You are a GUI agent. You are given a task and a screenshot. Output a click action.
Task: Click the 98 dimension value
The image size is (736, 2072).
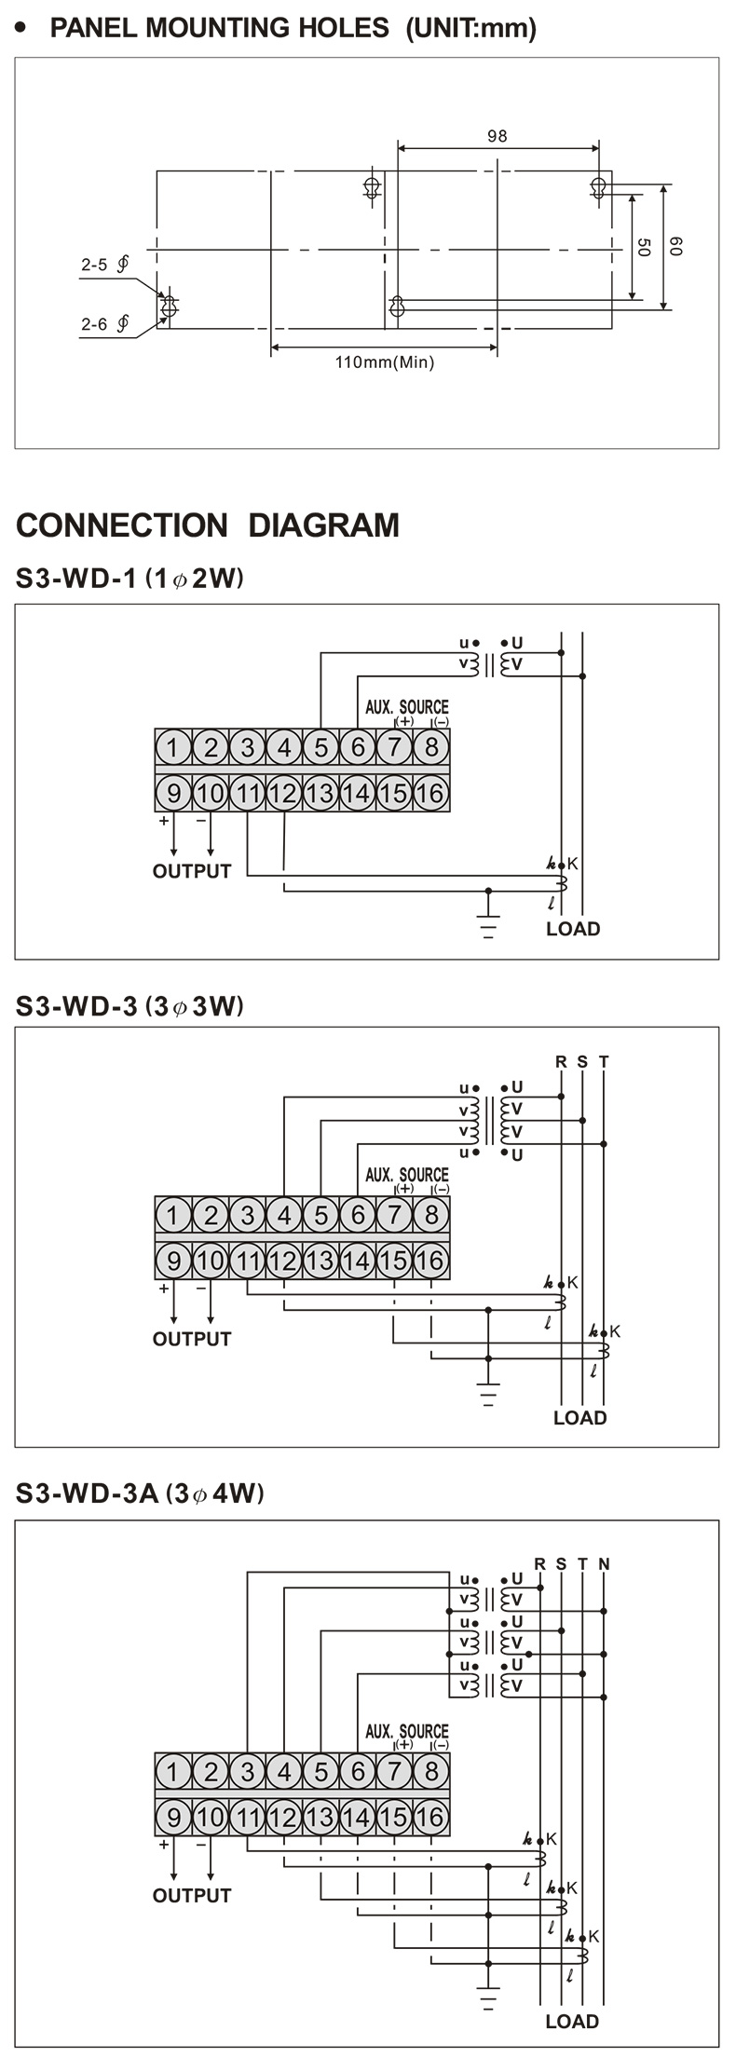[x=497, y=136]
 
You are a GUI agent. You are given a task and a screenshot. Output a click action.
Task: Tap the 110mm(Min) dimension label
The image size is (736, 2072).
[x=385, y=362]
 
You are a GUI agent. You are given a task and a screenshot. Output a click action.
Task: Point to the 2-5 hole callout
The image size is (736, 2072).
[x=104, y=265]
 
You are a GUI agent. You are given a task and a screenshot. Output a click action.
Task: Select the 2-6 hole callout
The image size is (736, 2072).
[x=104, y=324]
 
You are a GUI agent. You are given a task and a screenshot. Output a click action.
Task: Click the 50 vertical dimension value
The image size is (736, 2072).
[x=644, y=247]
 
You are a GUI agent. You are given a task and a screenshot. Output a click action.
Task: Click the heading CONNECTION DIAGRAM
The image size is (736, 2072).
[x=208, y=525]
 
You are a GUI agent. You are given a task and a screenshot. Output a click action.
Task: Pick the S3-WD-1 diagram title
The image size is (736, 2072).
[x=129, y=579]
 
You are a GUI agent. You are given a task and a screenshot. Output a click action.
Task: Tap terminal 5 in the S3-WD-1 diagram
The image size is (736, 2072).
[x=320, y=747]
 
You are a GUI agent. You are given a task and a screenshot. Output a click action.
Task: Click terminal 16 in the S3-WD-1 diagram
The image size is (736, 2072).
[x=429, y=794]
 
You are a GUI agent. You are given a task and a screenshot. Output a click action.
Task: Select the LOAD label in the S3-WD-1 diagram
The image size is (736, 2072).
[x=573, y=929]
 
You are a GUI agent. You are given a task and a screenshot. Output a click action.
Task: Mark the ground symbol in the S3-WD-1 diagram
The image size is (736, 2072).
[x=487, y=926]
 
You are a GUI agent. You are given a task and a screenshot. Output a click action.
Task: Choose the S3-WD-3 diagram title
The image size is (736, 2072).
[x=129, y=1006]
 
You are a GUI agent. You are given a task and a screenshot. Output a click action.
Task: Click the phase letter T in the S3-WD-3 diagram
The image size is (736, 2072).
[x=604, y=1061]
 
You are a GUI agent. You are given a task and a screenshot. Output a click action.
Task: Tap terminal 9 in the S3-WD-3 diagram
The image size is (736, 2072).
[x=173, y=1261]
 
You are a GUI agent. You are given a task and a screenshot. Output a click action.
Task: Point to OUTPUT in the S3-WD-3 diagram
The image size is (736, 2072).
[x=192, y=1339]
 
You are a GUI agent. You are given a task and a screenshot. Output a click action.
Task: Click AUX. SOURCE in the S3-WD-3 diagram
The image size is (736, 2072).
[x=406, y=1175]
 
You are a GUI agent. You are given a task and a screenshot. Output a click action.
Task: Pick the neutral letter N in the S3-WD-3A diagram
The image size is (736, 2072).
[x=604, y=1564]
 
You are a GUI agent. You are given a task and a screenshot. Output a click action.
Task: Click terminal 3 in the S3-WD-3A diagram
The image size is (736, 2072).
[x=247, y=1771]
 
